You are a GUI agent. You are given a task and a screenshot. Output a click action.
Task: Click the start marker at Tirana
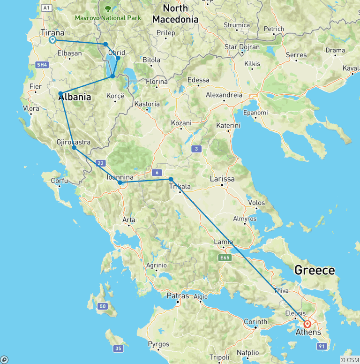click(x=52, y=40)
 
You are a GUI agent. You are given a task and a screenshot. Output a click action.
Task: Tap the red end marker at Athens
click(x=307, y=324)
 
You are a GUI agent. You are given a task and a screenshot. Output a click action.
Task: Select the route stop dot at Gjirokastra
click(x=74, y=148)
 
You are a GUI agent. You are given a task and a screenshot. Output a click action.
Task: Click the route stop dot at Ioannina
click(x=120, y=182)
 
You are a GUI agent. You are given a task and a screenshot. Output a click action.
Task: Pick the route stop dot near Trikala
click(x=171, y=179)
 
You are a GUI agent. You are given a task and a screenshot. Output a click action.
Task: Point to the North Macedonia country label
click(x=175, y=14)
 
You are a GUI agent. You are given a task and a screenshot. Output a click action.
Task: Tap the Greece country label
click(x=314, y=270)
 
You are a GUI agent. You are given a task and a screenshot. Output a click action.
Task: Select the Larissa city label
click(x=223, y=179)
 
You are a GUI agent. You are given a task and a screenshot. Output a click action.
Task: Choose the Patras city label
click(x=178, y=296)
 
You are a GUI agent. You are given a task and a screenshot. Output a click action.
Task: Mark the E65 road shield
click(x=225, y=258)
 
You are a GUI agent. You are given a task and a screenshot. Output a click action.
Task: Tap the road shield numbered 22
click(x=100, y=163)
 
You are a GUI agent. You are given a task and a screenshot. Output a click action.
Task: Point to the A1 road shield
click(x=46, y=8)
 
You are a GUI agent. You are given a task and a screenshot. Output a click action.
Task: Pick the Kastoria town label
click(x=147, y=104)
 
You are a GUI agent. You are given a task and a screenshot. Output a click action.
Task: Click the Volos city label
click(x=256, y=203)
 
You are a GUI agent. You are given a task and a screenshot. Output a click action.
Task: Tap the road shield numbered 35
click(x=119, y=348)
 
